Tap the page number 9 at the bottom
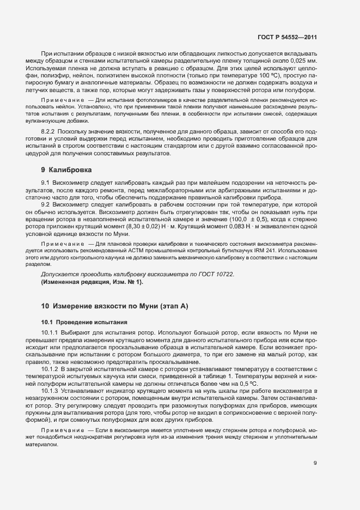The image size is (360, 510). point(315,464)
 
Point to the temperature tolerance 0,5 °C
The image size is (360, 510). point(223,384)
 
